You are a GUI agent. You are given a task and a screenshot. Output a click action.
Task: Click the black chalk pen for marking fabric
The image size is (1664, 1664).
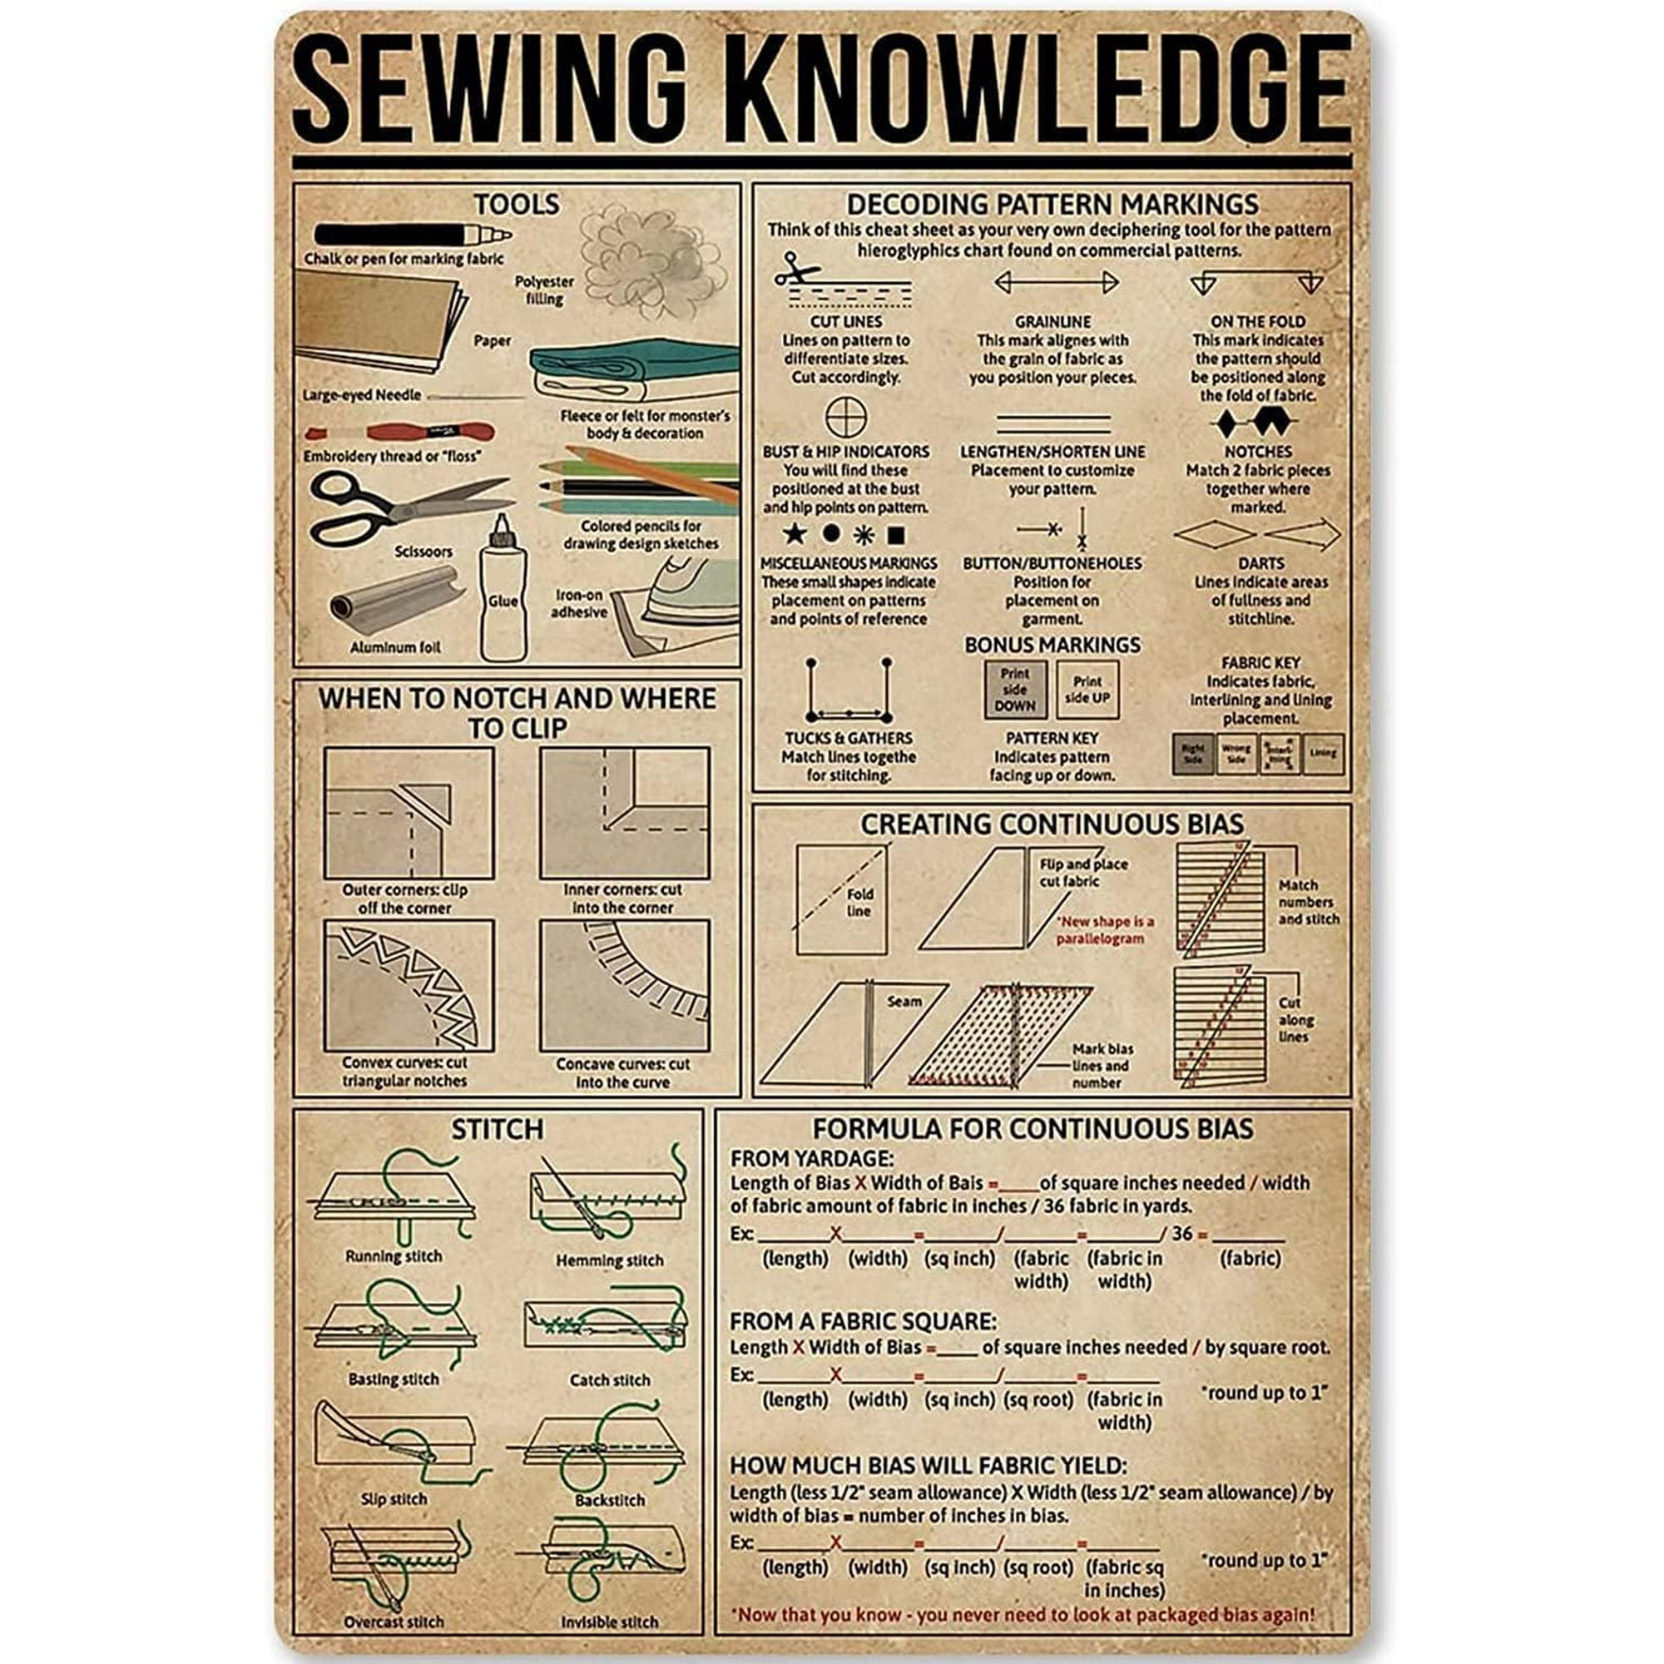tap(409, 235)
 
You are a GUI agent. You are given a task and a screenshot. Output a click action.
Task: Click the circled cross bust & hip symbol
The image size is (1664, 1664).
tap(845, 418)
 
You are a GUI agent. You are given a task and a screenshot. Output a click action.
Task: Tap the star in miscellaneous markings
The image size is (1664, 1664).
tap(794, 534)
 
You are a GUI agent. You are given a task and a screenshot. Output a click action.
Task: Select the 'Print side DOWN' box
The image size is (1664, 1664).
tap(1015, 689)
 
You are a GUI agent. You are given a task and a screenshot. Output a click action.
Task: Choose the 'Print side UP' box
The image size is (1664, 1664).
tap(1087, 689)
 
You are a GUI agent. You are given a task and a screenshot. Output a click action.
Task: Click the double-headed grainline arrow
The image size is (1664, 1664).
tap(1056, 282)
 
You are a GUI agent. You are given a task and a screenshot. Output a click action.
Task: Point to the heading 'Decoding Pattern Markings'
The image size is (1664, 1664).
tap(1052, 204)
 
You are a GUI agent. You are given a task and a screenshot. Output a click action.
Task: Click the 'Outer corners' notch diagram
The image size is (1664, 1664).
tap(409, 812)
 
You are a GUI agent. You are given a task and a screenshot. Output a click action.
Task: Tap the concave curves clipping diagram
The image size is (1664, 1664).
tap(625, 985)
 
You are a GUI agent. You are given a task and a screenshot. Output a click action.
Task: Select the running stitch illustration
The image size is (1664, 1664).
tap(394, 1193)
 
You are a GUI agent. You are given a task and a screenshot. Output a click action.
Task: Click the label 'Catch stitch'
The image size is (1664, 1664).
tap(610, 1379)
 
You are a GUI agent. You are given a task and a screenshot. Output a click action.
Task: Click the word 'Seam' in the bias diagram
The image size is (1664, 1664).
tap(904, 1002)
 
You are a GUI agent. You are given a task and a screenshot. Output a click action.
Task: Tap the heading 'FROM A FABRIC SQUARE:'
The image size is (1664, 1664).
tap(863, 1321)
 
